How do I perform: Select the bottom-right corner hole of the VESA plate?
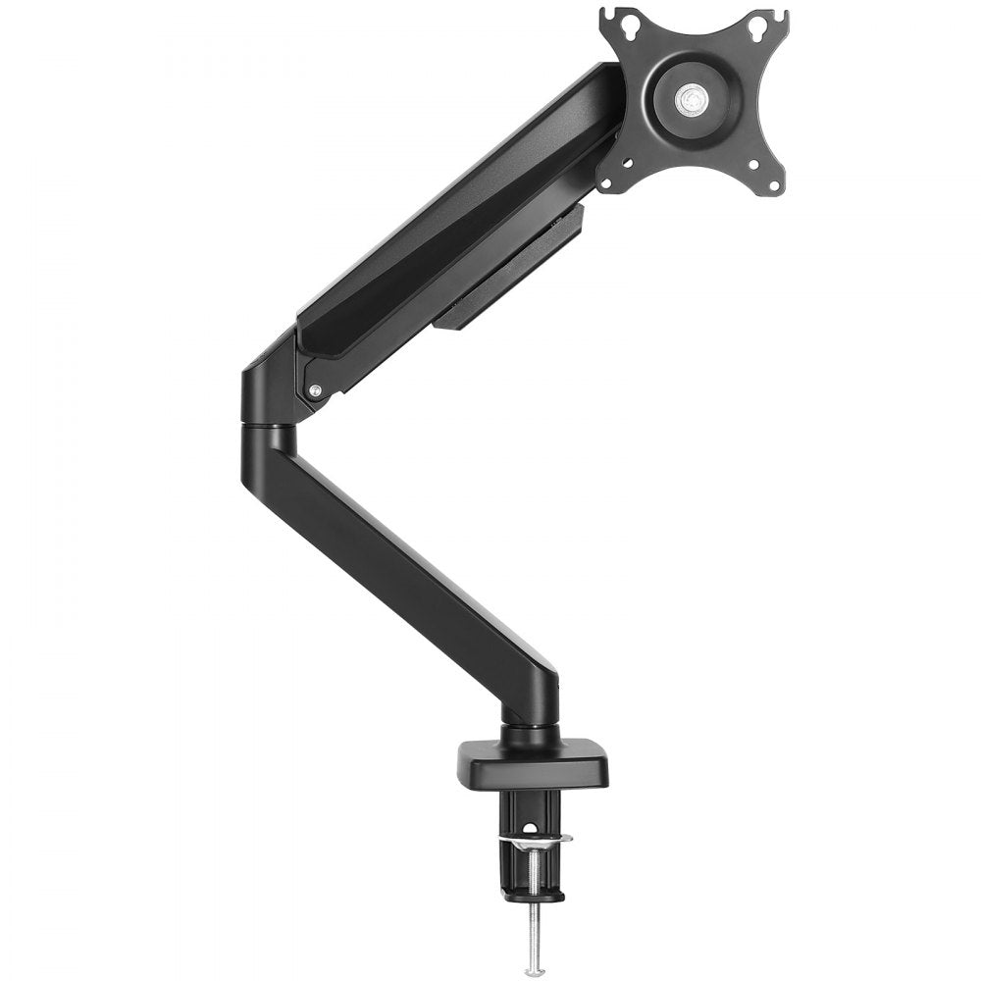click(774, 184)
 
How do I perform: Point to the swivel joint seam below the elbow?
click(264, 427)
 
